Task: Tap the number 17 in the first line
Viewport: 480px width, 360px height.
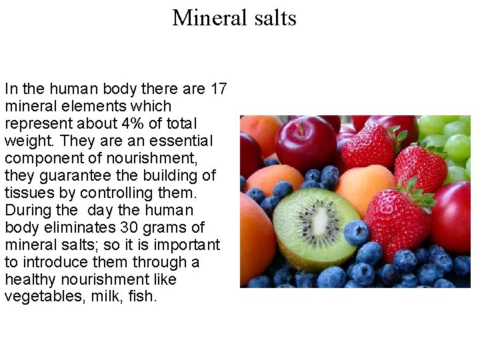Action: pos(219,89)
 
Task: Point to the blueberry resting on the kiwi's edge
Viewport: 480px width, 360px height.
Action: pos(356,233)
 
